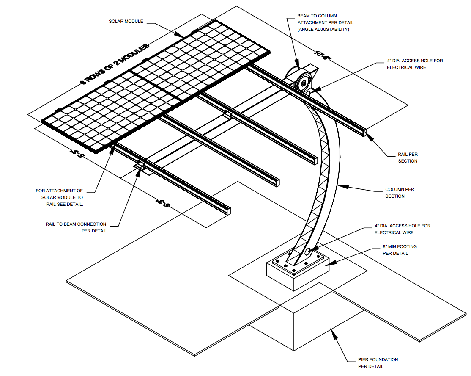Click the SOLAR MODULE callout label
pos(126,22)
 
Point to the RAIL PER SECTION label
pos(408,158)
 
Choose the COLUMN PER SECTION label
pos(400,193)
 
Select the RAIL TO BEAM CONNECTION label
pos(76,227)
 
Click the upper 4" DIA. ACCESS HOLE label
pos(409,64)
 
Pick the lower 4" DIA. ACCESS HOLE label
pos(402,229)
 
